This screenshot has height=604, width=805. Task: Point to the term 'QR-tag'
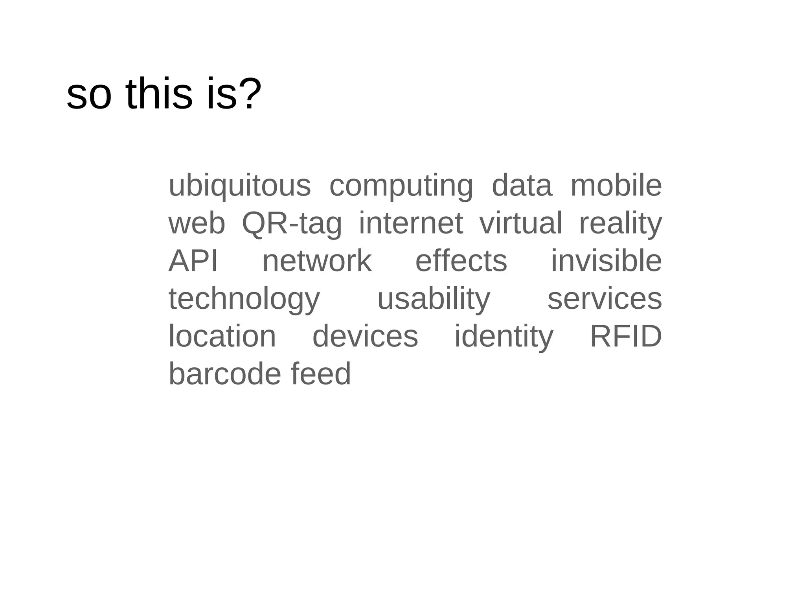[292, 223]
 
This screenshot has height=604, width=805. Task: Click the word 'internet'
[411, 223]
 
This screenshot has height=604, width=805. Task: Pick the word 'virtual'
[521, 223]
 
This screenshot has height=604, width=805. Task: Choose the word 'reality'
[621, 223]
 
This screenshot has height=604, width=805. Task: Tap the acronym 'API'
[193, 261]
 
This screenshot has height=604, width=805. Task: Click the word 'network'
[317, 261]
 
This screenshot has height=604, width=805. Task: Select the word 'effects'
[461, 261]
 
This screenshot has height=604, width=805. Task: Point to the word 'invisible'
[607, 261]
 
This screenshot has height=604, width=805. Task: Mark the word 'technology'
[244, 299]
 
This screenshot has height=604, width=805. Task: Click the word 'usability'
[434, 299]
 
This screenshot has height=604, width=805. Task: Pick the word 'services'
[605, 299]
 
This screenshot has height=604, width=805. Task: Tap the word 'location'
[222, 336]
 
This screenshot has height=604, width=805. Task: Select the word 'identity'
[504, 337]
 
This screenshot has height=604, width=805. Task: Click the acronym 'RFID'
[626, 336]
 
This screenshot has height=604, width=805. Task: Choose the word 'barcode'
[224, 374]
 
